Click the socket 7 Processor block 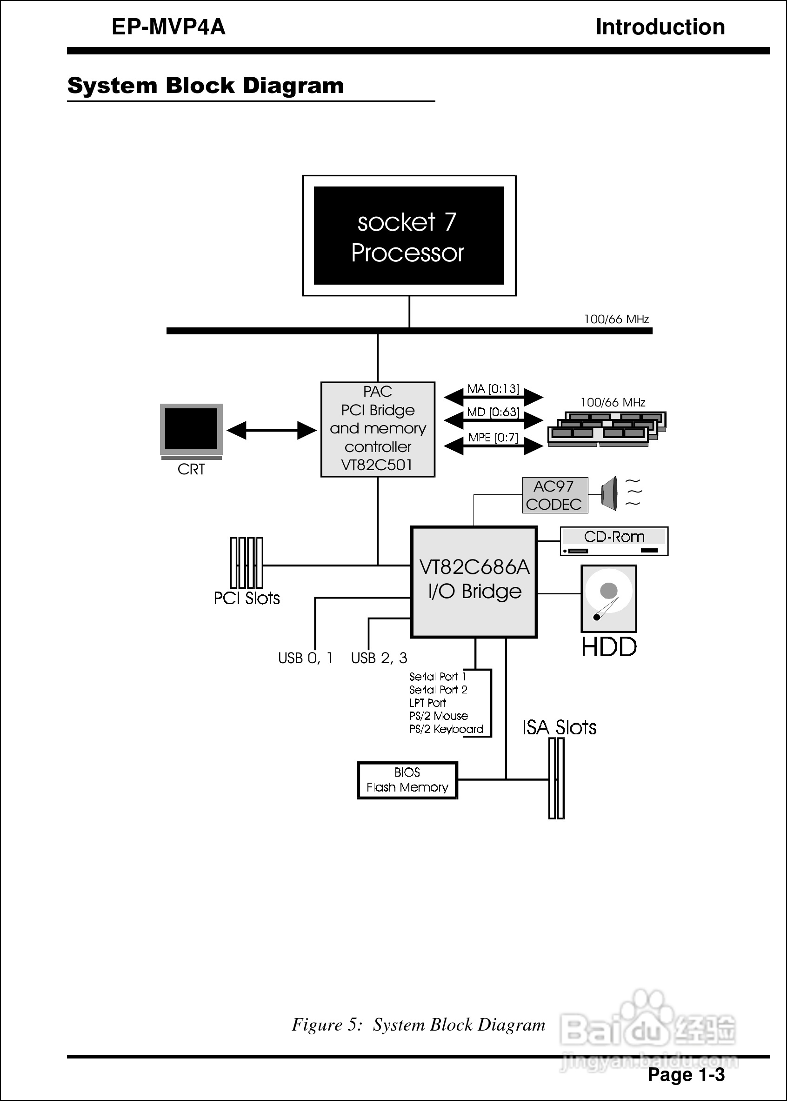(x=408, y=236)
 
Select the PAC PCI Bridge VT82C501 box (x=378, y=429)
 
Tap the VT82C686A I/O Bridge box (x=474, y=581)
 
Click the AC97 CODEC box (x=554, y=495)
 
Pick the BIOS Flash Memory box (x=407, y=780)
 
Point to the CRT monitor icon (x=191, y=430)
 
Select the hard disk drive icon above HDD (x=608, y=598)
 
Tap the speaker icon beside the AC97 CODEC (x=610, y=493)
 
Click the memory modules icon (x=607, y=428)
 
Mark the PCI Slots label (x=247, y=598)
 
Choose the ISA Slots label (x=559, y=728)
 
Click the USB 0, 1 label (x=305, y=658)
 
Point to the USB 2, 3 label (x=379, y=658)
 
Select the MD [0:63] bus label (x=493, y=412)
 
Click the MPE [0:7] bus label (x=493, y=438)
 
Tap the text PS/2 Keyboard (x=446, y=729)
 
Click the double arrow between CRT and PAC (x=271, y=430)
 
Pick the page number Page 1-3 (x=686, y=1074)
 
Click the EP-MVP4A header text (x=168, y=27)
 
